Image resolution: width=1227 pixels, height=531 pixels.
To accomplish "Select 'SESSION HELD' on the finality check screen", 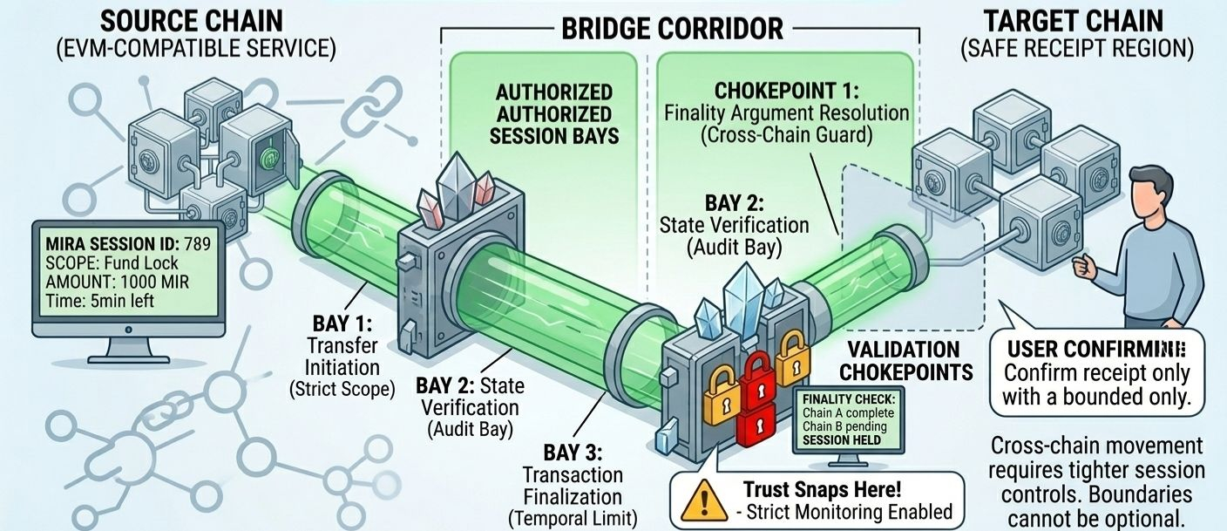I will coord(842,439).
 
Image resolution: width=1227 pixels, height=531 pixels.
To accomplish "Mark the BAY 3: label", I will coord(572,453).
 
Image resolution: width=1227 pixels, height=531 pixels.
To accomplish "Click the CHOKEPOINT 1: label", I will coord(786,91).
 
